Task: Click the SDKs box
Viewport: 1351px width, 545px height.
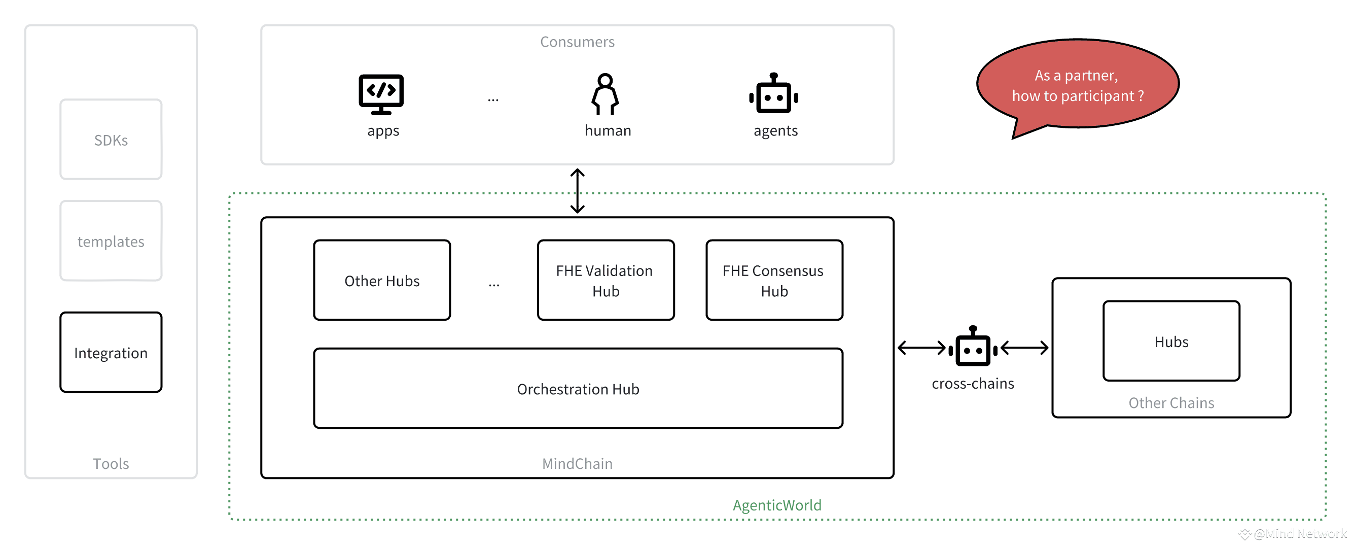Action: coord(111,140)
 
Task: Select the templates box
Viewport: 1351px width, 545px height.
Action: coord(111,241)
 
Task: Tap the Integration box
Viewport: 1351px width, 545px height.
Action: coord(111,352)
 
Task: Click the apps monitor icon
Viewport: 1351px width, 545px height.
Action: coord(381,94)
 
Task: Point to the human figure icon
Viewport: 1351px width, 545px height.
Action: coord(605,94)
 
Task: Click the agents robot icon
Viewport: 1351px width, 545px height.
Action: coord(773,93)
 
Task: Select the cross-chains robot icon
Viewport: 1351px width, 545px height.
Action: coord(973,346)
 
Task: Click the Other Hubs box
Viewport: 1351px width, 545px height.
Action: coord(382,280)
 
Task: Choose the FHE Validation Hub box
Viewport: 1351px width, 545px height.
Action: coord(606,280)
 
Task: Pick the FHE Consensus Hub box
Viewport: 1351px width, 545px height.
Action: coord(774,280)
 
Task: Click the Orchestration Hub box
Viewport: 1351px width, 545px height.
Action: coord(578,388)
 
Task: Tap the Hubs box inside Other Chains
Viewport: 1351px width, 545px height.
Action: coord(1171,341)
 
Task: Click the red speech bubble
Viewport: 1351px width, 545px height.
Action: coord(1078,84)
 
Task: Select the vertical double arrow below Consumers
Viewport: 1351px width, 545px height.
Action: coord(578,191)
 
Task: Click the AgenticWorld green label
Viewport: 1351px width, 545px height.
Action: coord(777,505)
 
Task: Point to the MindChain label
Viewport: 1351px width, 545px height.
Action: coord(577,464)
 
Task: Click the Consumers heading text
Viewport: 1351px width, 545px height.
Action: coord(577,42)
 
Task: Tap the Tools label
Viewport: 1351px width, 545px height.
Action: coord(111,464)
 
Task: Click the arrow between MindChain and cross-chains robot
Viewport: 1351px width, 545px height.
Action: coord(921,347)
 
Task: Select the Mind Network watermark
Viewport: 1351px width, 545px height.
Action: coord(1293,534)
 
